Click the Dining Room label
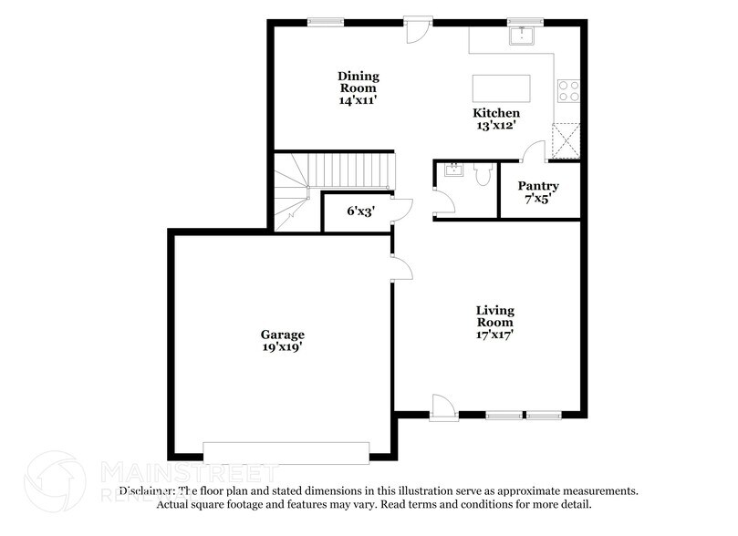tap(358, 88)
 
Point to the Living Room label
tap(494, 322)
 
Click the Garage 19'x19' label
tap(282, 340)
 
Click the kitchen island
tap(501, 89)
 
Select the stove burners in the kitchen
tap(568, 89)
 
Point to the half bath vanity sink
tap(452, 170)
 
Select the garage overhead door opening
tap(286, 452)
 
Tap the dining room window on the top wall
tap(319, 21)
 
